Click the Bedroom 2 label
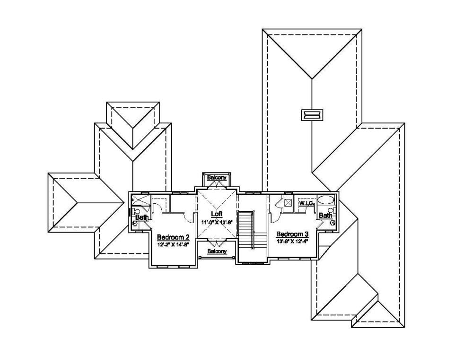[x=173, y=237]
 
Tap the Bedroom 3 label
[x=292, y=234]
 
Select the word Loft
[x=216, y=214]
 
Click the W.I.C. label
[x=306, y=203]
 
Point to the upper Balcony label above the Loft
[x=216, y=177]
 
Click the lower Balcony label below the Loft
[x=217, y=251]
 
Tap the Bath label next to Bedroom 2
[x=141, y=217]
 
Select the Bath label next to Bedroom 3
[x=324, y=216]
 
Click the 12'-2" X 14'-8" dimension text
[x=173, y=244]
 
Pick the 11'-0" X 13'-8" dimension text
[x=216, y=222]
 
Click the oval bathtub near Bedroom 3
[x=325, y=200]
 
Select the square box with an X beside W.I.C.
[x=288, y=203]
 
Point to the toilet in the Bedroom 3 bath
[x=332, y=210]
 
